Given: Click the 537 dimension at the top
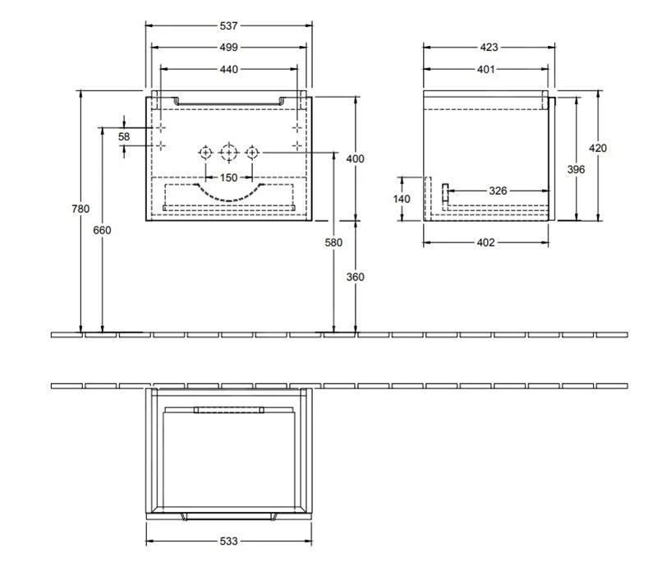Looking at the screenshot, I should click(x=228, y=25).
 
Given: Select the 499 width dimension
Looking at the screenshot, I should click(x=228, y=48).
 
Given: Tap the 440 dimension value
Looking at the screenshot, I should click(x=228, y=70).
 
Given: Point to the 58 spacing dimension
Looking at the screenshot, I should click(x=124, y=136).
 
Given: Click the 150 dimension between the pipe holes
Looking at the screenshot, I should click(x=228, y=177).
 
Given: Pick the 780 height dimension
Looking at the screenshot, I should click(x=80, y=209).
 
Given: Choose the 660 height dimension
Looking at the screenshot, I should click(x=102, y=230).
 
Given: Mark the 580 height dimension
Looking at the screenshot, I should click(x=333, y=242).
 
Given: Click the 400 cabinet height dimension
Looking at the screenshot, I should click(x=355, y=159).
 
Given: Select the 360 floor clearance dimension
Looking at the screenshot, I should click(x=355, y=277).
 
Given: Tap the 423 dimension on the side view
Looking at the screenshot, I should click(x=488, y=48).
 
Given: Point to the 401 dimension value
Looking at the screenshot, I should click(x=485, y=70).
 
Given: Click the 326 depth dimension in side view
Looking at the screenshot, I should click(x=498, y=191).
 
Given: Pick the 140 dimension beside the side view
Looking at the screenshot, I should click(x=402, y=199).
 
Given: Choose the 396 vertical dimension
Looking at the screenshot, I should click(x=576, y=168).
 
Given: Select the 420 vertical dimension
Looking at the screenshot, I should click(x=598, y=148).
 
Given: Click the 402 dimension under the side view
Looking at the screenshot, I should click(x=485, y=242).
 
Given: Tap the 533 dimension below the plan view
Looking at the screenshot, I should click(x=228, y=541).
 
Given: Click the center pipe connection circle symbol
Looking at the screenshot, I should click(x=228, y=152).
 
